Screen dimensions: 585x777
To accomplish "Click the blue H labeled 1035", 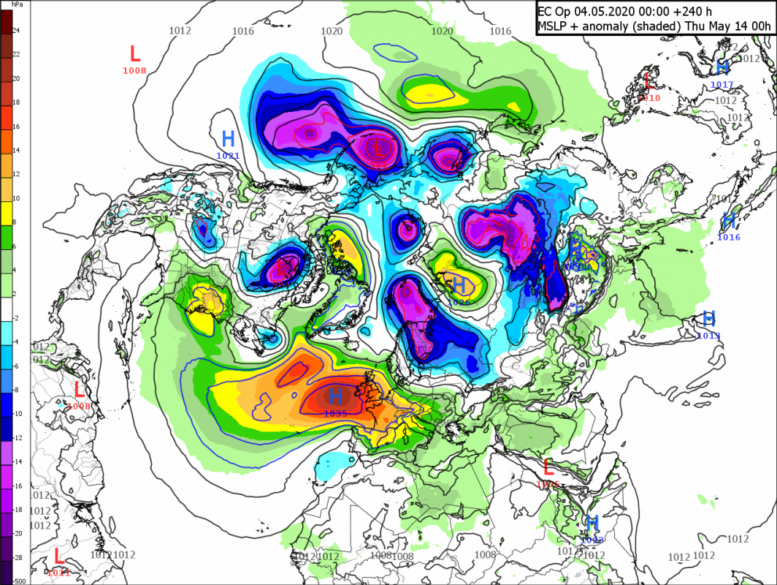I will pyautogui.click(x=335, y=397).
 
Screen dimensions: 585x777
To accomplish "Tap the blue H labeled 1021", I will pyautogui.click(x=228, y=137).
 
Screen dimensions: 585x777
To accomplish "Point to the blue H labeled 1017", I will pyautogui.click(x=722, y=68).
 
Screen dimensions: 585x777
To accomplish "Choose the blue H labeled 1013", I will pyautogui.click(x=708, y=319).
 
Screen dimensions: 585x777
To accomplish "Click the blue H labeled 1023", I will pyautogui.click(x=592, y=523).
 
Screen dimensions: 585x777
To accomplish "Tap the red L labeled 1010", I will pyautogui.click(x=647, y=80).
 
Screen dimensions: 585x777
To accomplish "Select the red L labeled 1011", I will pyautogui.click(x=58, y=556).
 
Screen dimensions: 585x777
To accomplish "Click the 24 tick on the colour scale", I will pyautogui.click(x=15, y=30).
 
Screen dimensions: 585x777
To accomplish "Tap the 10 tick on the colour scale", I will pyautogui.click(x=15, y=198).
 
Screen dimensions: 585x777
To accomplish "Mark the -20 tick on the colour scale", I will pyautogui.click(x=17, y=533).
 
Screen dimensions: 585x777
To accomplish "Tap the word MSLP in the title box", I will pyautogui.click(x=554, y=27).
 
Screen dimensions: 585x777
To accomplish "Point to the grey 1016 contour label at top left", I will pyautogui.click(x=243, y=31).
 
